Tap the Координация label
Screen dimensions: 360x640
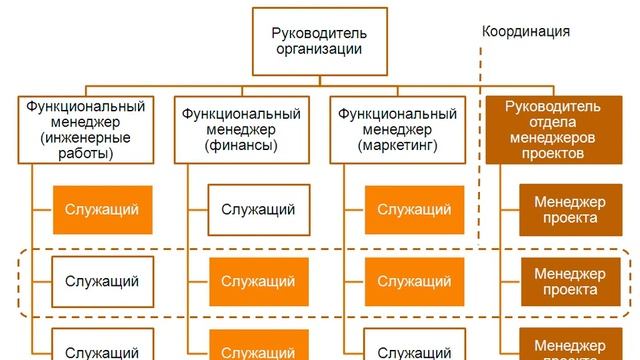(526, 31)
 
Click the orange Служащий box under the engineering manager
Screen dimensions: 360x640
(102, 210)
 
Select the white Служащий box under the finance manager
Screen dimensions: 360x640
(257, 210)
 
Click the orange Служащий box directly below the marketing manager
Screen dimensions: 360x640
(414, 210)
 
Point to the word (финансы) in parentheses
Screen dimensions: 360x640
(242, 146)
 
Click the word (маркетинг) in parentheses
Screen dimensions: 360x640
(398, 146)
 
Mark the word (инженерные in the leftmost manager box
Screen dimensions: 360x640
(85, 138)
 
